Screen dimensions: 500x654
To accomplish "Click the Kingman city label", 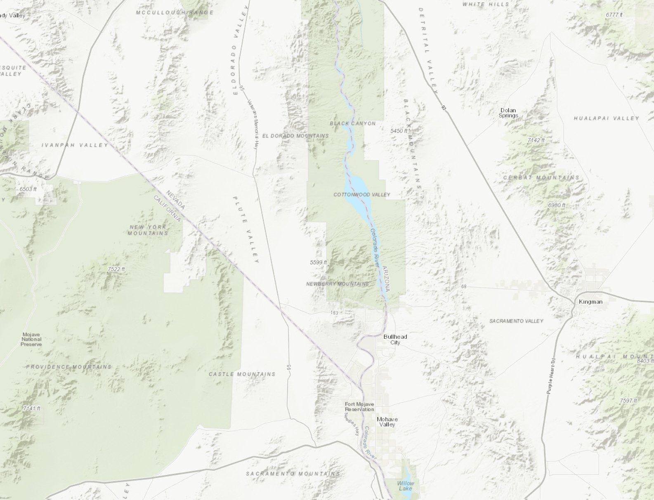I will (x=590, y=302).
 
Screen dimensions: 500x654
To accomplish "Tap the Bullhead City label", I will (x=395, y=340).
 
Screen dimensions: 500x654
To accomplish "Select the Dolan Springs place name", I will (x=508, y=113).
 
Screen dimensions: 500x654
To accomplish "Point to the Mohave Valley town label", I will (x=387, y=422).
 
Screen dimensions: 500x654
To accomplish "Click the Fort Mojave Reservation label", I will (x=359, y=407).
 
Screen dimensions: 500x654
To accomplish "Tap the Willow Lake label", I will (x=405, y=486).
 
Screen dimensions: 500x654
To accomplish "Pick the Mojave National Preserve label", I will (x=31, y=340).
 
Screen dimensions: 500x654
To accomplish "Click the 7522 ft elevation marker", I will (x=116, y=269).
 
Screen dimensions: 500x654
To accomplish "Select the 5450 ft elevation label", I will (x=399, y=131).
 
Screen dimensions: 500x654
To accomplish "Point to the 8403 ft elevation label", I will (x=645, y=361).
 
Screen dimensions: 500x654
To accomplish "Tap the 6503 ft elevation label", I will (x=28, y=189).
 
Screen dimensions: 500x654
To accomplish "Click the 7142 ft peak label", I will (x=536, y=140).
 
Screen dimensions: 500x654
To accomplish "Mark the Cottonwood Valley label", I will (x=361, y=195).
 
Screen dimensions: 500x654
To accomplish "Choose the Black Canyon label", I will (x=353, y=123).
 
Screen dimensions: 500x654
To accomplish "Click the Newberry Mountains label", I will (x=338, y=284).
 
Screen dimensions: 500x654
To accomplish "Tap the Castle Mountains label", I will (x=242, y=374).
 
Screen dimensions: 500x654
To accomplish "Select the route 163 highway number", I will (x=334, y=313).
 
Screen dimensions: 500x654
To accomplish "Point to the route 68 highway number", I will (x=464, y=286).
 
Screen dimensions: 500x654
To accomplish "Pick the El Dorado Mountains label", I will (x=295, y=136).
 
